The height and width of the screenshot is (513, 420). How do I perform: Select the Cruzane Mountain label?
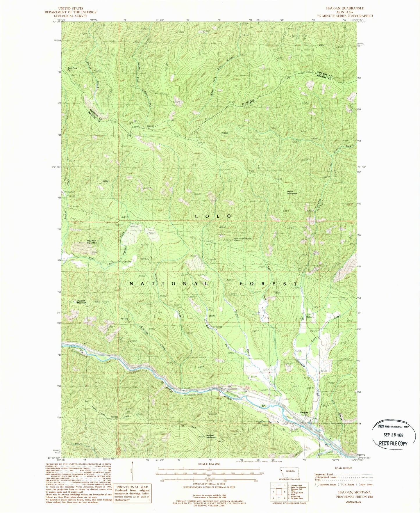click(81, 302)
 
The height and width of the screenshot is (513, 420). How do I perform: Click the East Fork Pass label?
click(72, 69)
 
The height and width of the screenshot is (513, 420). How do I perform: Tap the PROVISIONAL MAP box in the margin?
click(132, 487)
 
